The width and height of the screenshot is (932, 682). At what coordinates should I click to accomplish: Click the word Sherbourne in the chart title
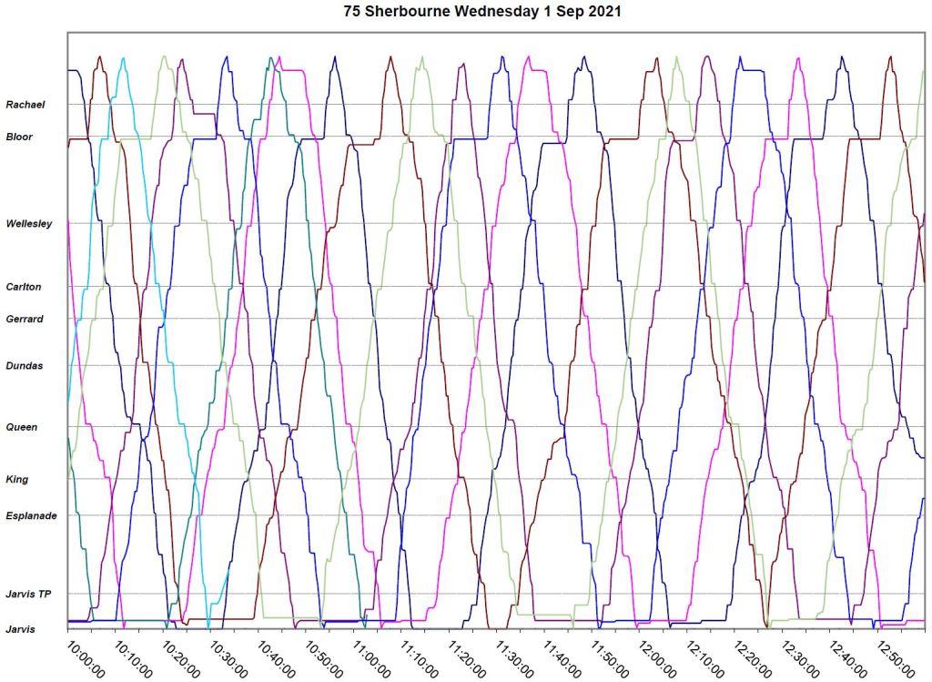pyautogui.click(x=406, y=13)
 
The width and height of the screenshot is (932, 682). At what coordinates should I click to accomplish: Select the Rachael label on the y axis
pyautogui.click(x=25, y=105)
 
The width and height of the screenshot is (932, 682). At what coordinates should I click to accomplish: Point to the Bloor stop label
pyautogui.click(x=19, y=137)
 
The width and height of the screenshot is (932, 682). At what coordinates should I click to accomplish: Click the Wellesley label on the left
pyautogui.click(x=28, y=224)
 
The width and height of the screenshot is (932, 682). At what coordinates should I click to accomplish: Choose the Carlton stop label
pyautogui.click(x=24, y=287)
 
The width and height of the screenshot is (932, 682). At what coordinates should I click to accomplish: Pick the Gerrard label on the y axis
pyautogui.click(x=25, y=319)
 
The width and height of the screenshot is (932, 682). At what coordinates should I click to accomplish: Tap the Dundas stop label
pyautogui.click(x=24, y=366)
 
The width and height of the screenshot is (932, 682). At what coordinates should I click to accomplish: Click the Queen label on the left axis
pyautogui.click(x=22, y=427)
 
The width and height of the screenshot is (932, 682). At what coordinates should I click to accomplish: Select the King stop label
pyautogui.click(x=17, y=479)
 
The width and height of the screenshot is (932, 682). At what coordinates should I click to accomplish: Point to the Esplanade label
pyautogui.click(x=32, y=516)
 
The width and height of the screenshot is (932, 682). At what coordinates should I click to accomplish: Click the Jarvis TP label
pyautogui.click(x=27, y=595)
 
